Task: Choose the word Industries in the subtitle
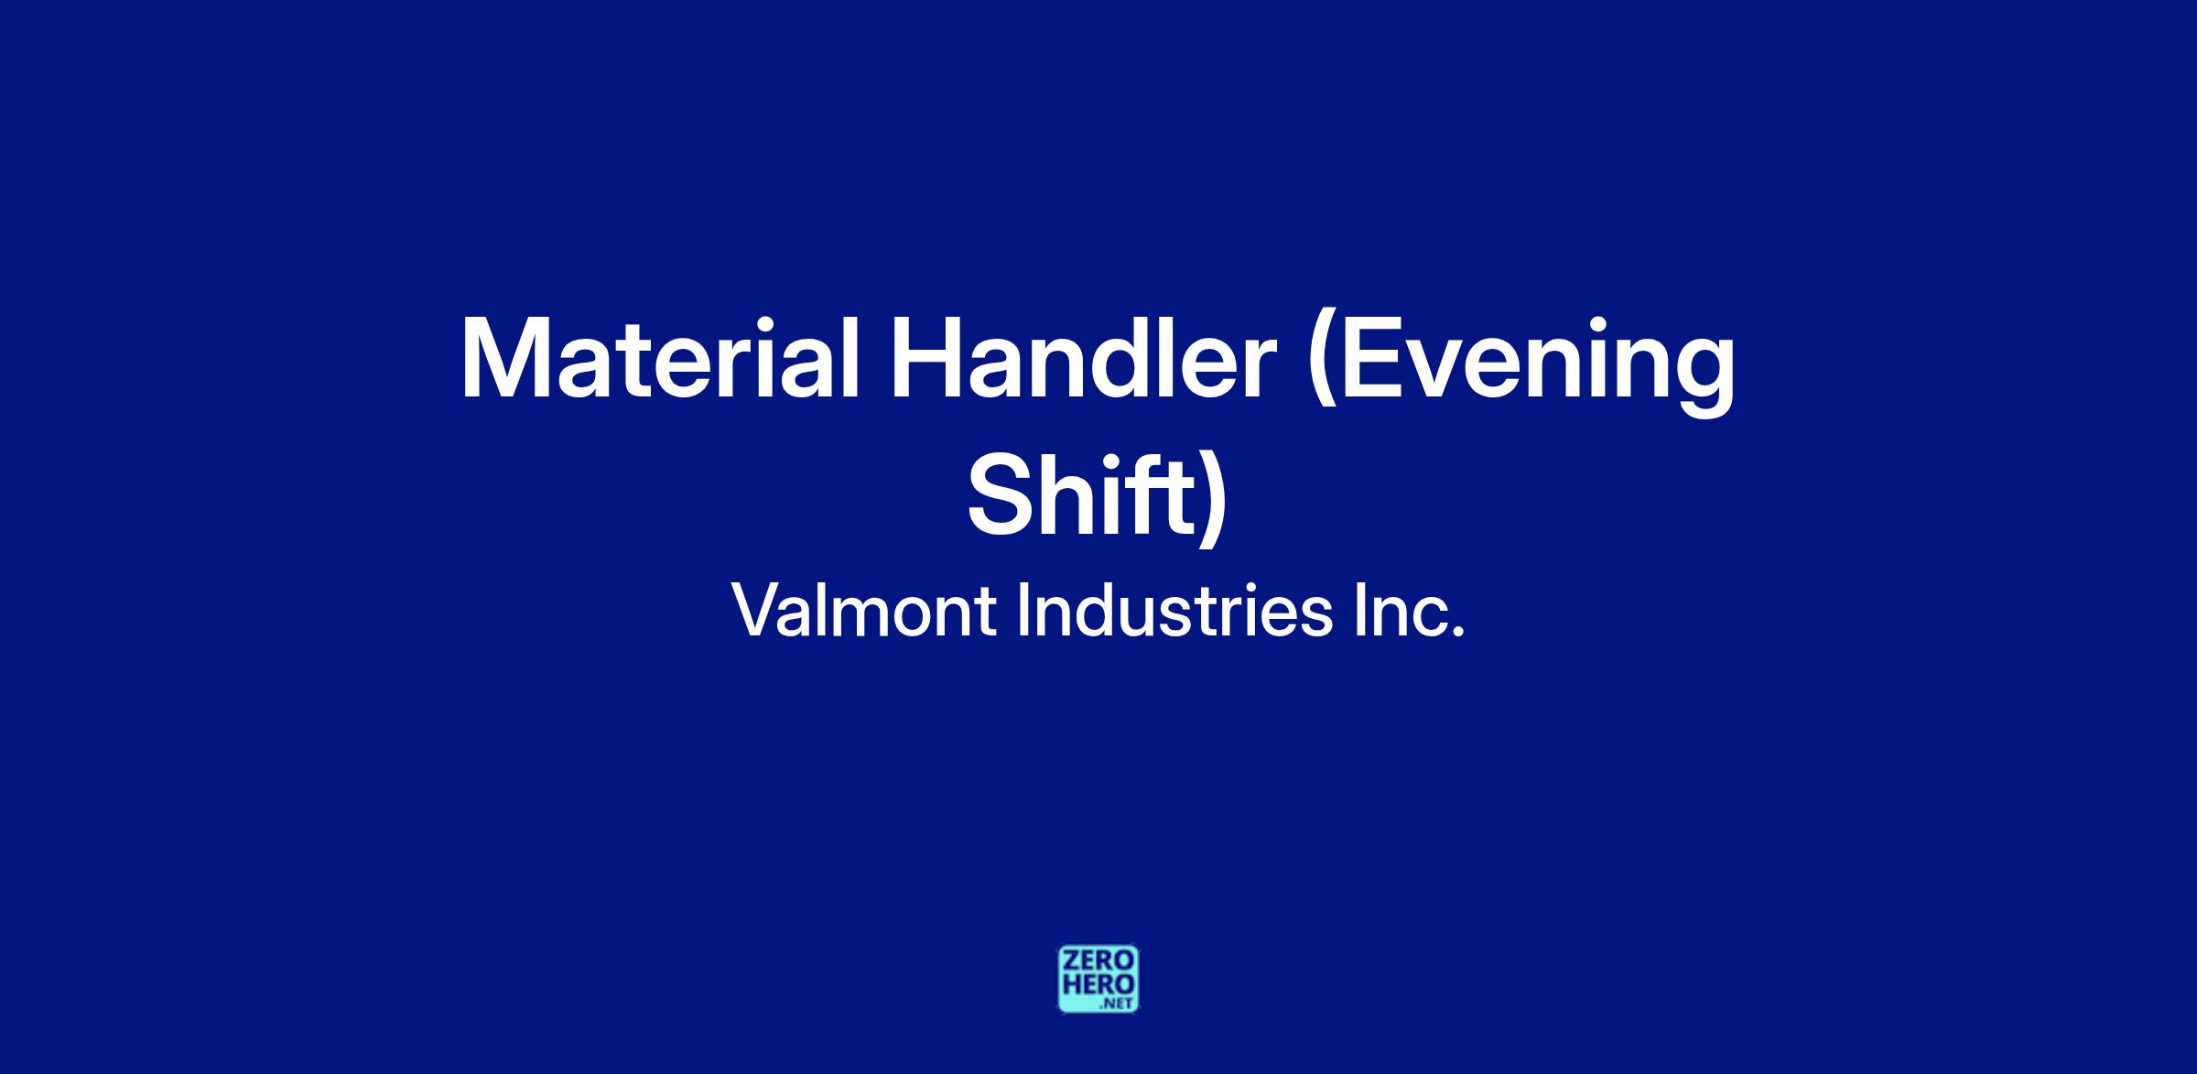tap(1175, 610)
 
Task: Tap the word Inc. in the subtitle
tap(1410, 610)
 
